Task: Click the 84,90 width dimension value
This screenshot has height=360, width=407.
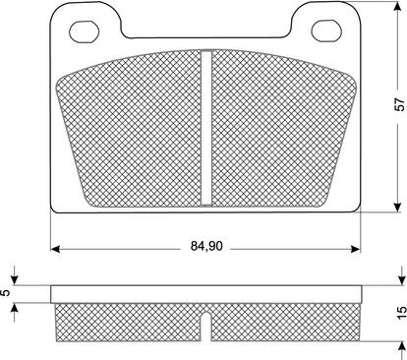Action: tap(206, 246)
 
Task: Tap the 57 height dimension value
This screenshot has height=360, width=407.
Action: tap(400, 104)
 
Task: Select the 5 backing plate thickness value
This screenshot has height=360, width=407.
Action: tap(6, 293)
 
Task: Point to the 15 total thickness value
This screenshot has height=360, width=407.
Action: tap(402, 313)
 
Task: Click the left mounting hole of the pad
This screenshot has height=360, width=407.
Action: tap(85, 31)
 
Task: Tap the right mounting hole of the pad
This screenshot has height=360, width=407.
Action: tap(326, 30)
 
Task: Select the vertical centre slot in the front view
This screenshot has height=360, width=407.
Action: tap(206, 128)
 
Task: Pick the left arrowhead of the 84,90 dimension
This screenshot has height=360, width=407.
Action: tap(55, 249)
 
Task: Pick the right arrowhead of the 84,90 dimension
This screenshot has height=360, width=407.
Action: tap(356, 249)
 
